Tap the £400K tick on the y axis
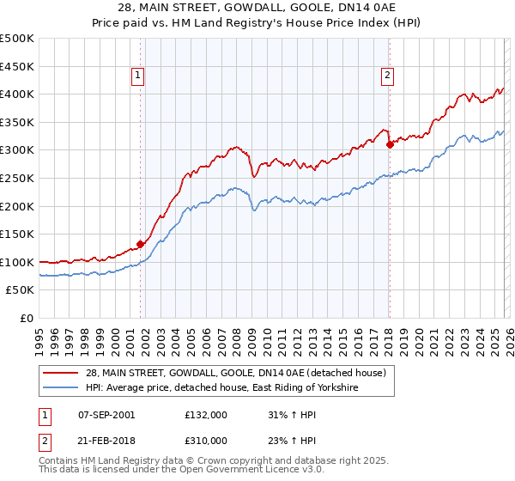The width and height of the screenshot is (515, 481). click(17, 94)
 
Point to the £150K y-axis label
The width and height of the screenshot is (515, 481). click(17, 234)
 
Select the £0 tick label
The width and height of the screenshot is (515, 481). click(27, 318)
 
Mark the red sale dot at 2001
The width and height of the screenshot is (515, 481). click(140, 244)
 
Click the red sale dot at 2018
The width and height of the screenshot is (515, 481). click(389, 144)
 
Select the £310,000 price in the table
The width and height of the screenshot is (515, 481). click(206, 440)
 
